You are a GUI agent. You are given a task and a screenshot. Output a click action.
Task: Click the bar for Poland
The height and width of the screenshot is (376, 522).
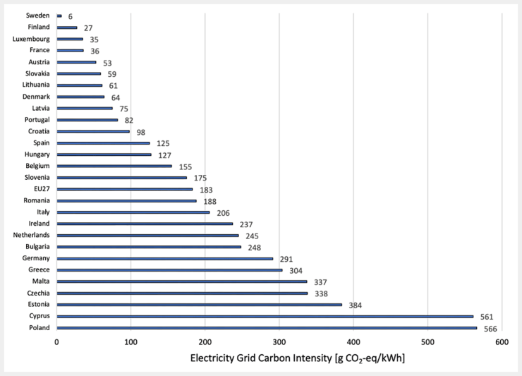pyautogui.click(x=267, y=328)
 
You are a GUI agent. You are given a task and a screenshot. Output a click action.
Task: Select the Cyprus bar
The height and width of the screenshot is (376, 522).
pyautogui.click(x=265, y=316)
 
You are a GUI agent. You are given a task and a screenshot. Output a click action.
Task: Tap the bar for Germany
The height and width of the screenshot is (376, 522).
pyautogui.click(x=165, y=258)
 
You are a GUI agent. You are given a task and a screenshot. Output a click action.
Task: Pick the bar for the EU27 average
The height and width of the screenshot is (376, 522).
pyautogui.click(x=125, y=189)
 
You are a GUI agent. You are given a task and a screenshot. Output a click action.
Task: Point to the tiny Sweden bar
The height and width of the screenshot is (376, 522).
pyautogui.click(x=59, y=16)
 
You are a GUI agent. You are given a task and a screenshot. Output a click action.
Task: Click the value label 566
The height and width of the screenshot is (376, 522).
pyautogui.click(x=490, y=329)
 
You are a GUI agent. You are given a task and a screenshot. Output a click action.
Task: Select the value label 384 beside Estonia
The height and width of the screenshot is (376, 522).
pyautogui.click(x=356, y=305)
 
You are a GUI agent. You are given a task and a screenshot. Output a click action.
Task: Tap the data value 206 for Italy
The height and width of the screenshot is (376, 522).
pyautogui.click(x=223, y=213)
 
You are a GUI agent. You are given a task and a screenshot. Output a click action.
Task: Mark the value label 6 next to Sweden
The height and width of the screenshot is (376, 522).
pyautogui.click(x=71, y=17)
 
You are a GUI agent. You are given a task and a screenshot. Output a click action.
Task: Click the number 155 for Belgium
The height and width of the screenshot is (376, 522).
pyautogui.click(x=186, y=167)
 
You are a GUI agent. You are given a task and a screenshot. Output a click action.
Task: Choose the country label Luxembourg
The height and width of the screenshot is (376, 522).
pyautogui.click(x=31, y=39)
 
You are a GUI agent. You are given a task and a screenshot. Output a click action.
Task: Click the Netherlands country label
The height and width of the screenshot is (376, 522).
pyautogui.click(x=31, y=235)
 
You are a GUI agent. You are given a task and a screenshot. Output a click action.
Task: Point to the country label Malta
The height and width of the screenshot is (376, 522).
pyautogui.click(x=41, y=281)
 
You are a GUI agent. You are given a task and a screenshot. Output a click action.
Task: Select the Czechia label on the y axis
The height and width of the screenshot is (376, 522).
pyautogui.click(x=39, y=293)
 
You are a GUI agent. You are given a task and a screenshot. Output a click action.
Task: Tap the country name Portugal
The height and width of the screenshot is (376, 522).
pyautogui.click(x=37, y=120)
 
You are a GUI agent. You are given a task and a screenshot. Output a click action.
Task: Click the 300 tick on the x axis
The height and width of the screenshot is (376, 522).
pyautogui.click(x=279, y=342)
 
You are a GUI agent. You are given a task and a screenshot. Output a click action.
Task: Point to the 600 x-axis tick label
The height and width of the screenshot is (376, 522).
pyautogui.click(x=502, y=342)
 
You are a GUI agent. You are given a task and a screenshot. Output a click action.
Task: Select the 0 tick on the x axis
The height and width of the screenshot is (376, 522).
pyautogui.click(x=57, y=342)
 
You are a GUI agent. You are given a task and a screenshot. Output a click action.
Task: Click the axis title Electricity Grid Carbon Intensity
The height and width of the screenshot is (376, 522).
pyautogui.click(x=261, y=358)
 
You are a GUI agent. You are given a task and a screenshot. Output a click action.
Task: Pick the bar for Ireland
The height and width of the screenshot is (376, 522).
pyautogui.click(x=145, y=224)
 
